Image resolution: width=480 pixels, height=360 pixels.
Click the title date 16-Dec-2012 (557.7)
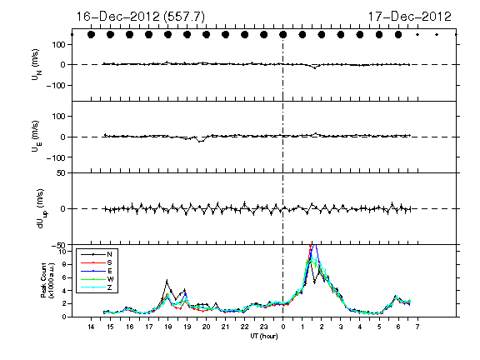pos(141,17)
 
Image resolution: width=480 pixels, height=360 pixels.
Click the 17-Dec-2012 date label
pos(410,17)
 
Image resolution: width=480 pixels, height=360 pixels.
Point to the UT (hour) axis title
pos(264,336)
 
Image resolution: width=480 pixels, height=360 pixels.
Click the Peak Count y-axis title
pos(47,280)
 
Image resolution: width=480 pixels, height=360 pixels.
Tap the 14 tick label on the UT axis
pos(91,327)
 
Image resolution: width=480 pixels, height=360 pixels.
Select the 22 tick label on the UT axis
pos(245,327)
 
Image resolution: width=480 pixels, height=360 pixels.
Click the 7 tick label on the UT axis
pos(417,327)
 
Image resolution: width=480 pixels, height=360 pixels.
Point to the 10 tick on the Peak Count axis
pos(63,252)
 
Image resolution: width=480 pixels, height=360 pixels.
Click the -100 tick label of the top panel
pos(56,85)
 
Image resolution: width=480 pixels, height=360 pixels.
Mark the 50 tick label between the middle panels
pos(61,173)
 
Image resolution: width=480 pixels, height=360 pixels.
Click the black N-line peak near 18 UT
pos(167,280)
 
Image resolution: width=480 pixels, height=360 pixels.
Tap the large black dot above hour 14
pos(91,35)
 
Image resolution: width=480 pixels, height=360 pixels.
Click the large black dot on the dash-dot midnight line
pos(283,35)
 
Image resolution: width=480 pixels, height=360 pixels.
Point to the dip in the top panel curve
pos(315,67)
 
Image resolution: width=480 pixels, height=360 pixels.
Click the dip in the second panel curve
pos(200,141)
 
